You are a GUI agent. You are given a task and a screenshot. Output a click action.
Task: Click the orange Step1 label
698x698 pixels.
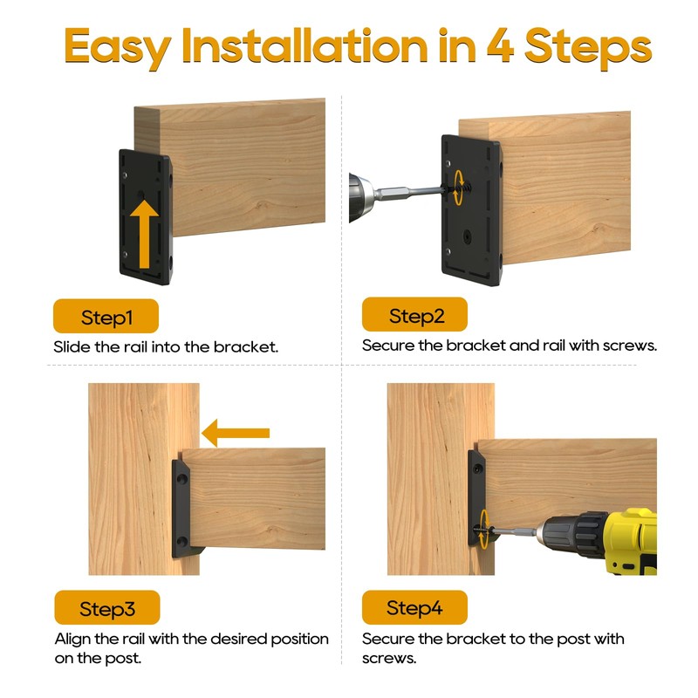coord(106,316)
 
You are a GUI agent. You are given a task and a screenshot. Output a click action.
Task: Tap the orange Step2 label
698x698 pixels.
coord(415,315)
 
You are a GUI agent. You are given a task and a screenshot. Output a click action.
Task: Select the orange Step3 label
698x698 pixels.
coord(107,607)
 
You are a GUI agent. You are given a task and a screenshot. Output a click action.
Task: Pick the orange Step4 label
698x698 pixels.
coord(415,607)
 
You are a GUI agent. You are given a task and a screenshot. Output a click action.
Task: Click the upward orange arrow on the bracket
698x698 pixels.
coord(144,234)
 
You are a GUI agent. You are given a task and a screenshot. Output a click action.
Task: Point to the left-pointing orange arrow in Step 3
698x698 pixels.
coord(236,433)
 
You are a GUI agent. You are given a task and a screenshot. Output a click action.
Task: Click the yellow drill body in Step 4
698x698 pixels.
coord(632,541)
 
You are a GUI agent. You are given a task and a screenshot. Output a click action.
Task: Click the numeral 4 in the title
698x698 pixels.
coord(500,45)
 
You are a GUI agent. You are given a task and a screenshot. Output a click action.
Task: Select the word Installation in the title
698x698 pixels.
coord(305,45)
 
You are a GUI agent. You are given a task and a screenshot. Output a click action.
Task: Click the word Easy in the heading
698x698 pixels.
coord(118,48)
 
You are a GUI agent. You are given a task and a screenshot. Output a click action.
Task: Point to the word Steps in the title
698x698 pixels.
coord(588,48)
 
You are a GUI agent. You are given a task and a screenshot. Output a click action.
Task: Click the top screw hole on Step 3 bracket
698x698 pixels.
coord(182,480)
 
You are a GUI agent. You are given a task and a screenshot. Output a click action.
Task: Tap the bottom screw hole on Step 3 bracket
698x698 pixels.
coord(182,542)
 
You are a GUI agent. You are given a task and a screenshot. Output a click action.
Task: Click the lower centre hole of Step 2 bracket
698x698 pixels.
coord(467,236)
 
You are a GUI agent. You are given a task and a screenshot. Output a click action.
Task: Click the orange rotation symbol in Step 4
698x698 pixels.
coord(484,529)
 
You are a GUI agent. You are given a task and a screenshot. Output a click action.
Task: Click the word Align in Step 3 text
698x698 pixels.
coord(72,640)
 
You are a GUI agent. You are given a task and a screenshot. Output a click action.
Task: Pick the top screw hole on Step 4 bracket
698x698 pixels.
coord(477,469)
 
